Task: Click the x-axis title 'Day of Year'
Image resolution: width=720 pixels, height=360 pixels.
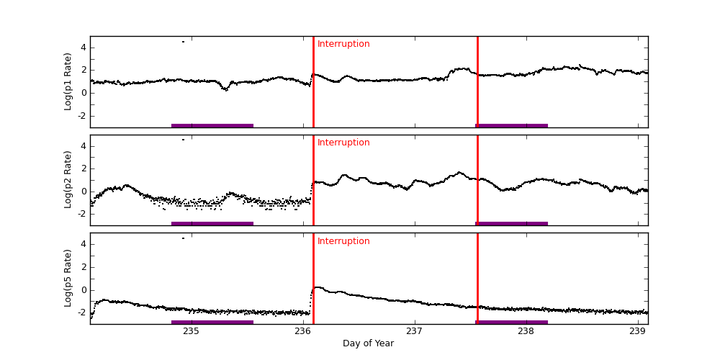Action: pyautogui.click(x=368, y=343)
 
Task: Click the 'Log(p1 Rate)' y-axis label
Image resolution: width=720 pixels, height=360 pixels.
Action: pyautogui.click(x=68, y=81)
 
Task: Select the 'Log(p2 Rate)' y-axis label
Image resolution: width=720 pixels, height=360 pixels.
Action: pyautogui.click(x=68, y=179)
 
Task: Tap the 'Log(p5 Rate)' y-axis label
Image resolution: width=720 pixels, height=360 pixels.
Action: pyautogui.click(x=68, y=278)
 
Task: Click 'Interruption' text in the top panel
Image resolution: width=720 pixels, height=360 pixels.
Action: pyautogui.click(x=343, y=44)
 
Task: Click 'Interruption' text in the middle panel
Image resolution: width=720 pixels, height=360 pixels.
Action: pyautogui.click(x=343, y=143)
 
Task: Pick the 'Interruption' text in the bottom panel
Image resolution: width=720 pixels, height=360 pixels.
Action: pyautogui.click(x=343, y=241)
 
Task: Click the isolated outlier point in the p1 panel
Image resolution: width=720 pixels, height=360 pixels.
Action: pyautogui.click(x=183, y=42)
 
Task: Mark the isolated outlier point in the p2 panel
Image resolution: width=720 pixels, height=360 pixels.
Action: pyautogui.click(x=183, y=140)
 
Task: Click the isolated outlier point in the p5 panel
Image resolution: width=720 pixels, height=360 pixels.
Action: pyautogui.click(x=183, y=238)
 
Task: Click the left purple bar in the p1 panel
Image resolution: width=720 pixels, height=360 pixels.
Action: pyautogui.click(x=212, y=125)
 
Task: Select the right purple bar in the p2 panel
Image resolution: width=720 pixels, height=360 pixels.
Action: pyautogui.click(x=512, y=224)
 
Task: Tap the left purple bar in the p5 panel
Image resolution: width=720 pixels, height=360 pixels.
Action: pyautogui.click(x=212, y=322)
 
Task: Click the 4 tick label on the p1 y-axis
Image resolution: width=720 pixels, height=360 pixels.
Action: pyautogui.click(x=83, y=48)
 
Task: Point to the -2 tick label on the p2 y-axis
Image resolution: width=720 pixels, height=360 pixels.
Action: pyautogui.click(x=81, y=214)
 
